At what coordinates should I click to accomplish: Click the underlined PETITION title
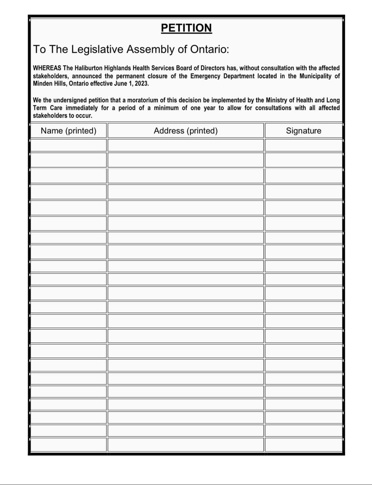point(186,28)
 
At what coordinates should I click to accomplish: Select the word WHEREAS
point(47,68)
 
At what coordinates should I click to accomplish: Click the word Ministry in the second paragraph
point(276,100)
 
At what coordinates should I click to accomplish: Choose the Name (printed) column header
point(69,131)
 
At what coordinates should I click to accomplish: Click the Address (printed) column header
point(186,131)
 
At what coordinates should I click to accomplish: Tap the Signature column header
point(303,131)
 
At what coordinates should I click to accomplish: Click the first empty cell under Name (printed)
point(69,145)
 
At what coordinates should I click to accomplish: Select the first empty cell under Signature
point(303,145)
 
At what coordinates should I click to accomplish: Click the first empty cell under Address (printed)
point(186,145)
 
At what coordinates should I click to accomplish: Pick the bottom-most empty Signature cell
point(303,444)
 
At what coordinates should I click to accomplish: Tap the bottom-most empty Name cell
point(69,444)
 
